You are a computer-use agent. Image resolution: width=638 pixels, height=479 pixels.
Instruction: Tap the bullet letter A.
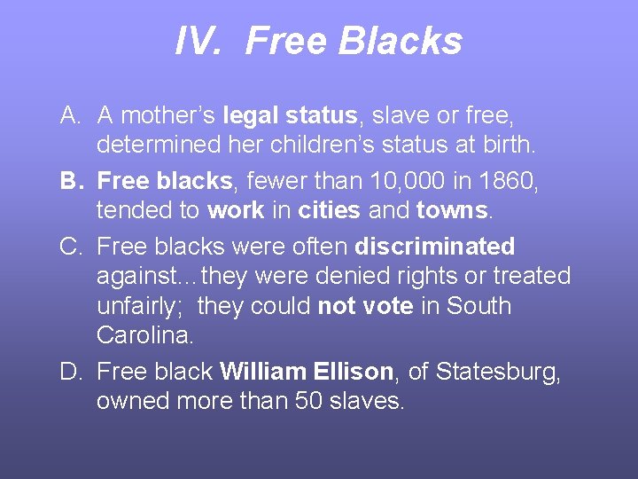71,115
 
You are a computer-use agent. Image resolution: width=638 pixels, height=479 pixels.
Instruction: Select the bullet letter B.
71,181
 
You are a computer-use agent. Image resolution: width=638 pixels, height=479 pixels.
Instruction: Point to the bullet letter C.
71,246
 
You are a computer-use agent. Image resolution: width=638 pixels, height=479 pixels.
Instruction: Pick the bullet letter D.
71,371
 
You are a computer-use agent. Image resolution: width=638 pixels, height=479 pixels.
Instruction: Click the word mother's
168,115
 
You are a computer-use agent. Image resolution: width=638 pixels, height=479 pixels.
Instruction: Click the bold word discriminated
434,246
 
